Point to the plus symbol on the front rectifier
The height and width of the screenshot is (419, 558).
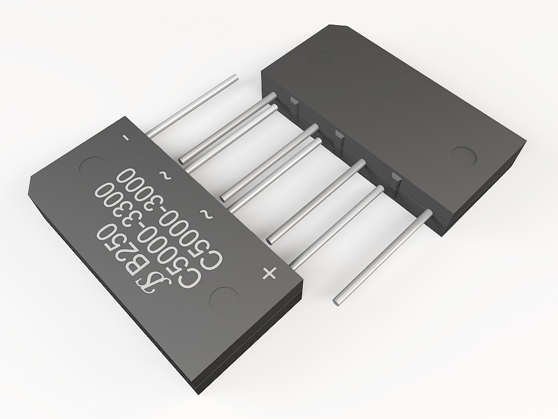[x=269, y=273]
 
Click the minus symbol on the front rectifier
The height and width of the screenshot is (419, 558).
[x=125, y=137]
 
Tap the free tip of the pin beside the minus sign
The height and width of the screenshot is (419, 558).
[x=234, y=77]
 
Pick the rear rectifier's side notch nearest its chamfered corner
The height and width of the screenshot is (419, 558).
[x=293, y=102]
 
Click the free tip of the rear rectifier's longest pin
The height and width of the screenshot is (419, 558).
[x=336, y=300]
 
